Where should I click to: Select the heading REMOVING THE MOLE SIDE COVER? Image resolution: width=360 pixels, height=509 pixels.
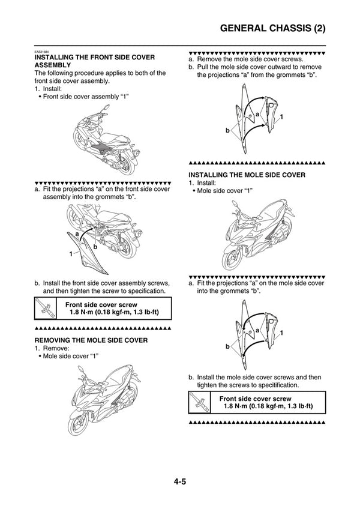tap(91, 340)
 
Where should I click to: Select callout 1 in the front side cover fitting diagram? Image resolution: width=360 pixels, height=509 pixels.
tap(70, 254)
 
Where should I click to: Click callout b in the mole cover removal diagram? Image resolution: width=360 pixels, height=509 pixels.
tap(227, 130)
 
